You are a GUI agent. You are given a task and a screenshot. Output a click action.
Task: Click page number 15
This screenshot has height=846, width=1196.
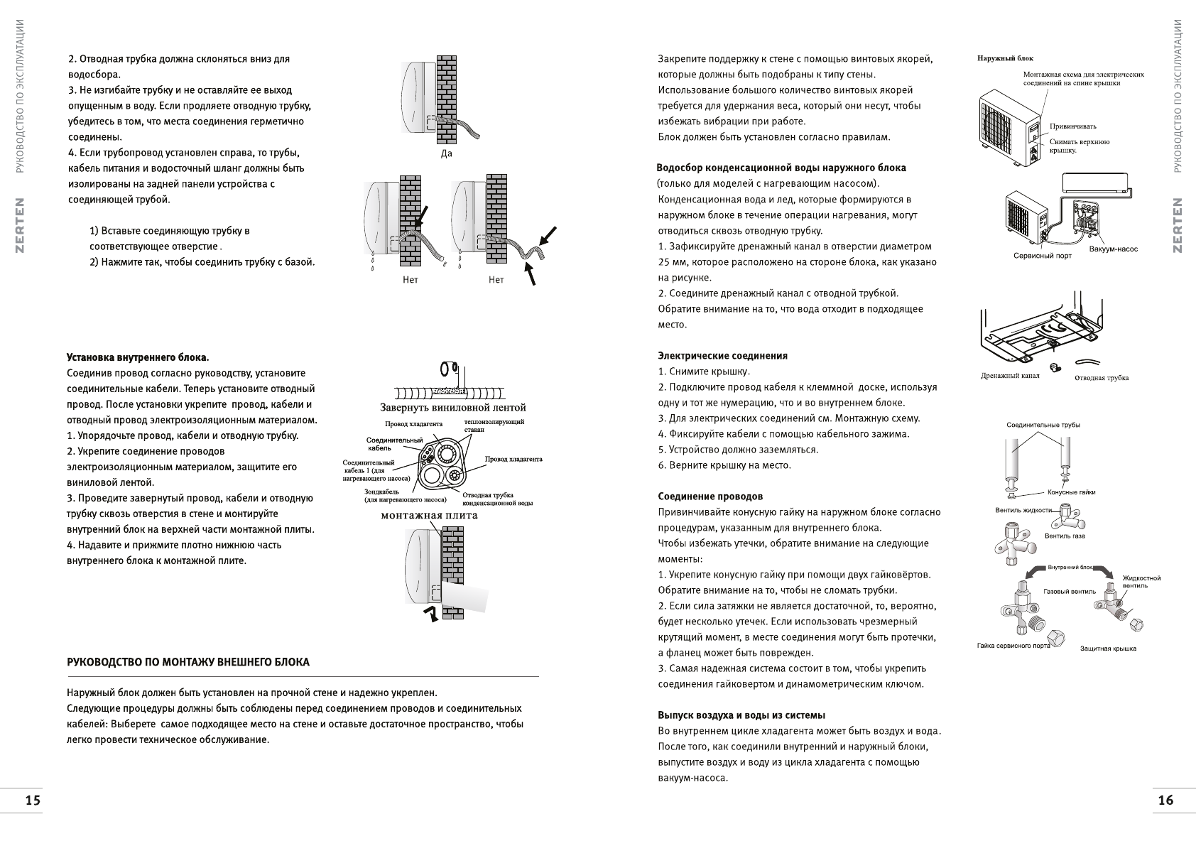point(33,801)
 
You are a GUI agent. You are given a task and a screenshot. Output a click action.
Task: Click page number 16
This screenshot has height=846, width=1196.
point(1165,801)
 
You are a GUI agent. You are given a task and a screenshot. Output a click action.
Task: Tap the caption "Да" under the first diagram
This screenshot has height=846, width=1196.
point(446,153)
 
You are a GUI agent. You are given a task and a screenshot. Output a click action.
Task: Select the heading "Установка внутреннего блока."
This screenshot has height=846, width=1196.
point(138,357)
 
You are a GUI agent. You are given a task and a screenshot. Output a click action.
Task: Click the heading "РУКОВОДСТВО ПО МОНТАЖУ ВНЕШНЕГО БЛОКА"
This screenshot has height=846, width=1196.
point(188,663)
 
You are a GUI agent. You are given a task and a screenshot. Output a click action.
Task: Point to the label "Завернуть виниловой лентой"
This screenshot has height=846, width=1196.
point(453,408)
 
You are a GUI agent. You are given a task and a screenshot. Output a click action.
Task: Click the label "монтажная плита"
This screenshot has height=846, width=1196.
point(429,516)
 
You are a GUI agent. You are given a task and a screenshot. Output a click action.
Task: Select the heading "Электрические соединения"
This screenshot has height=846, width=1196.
point(722,356)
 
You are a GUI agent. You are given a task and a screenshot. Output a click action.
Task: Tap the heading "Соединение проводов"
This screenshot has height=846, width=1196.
point(710,497)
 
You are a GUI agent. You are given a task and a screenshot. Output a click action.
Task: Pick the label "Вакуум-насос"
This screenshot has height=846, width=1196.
point(1114,249)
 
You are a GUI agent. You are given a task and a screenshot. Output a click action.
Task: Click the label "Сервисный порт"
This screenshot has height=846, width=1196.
point(1043,256)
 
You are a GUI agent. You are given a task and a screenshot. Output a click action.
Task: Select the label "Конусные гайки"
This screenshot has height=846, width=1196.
point(1071,492)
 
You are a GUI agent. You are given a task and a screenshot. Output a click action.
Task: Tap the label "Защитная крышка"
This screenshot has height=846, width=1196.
point(1108,649)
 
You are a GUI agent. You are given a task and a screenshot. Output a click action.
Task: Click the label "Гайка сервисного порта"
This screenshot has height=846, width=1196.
point(1013,646)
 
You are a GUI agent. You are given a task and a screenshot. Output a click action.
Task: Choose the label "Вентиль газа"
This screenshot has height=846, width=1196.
point(1065,536)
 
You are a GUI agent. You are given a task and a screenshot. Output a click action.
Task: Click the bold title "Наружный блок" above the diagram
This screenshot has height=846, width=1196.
point(1006,58)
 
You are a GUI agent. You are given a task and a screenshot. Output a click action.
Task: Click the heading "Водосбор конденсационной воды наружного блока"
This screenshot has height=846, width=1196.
point(781,168)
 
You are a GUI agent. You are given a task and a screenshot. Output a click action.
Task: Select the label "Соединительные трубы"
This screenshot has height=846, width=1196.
point(1043,425)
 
